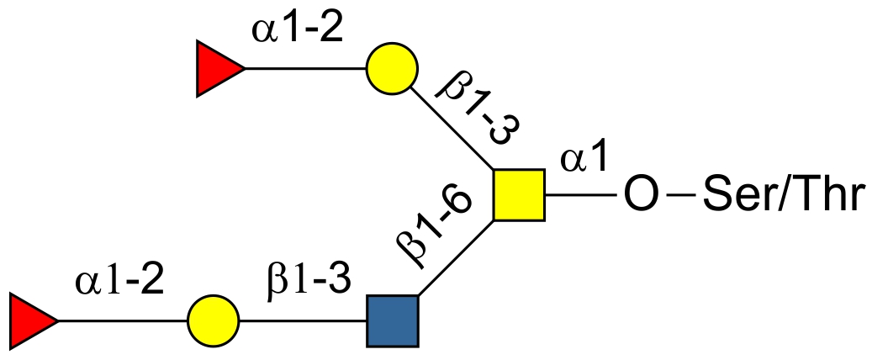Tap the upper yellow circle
[392, 69]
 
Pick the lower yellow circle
[213, 320]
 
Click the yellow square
[519, 195]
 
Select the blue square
[393, 320]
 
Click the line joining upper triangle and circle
[305, 69]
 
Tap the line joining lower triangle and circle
[122, 320]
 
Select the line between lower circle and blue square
[303, 320]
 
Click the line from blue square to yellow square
[456, 258]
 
